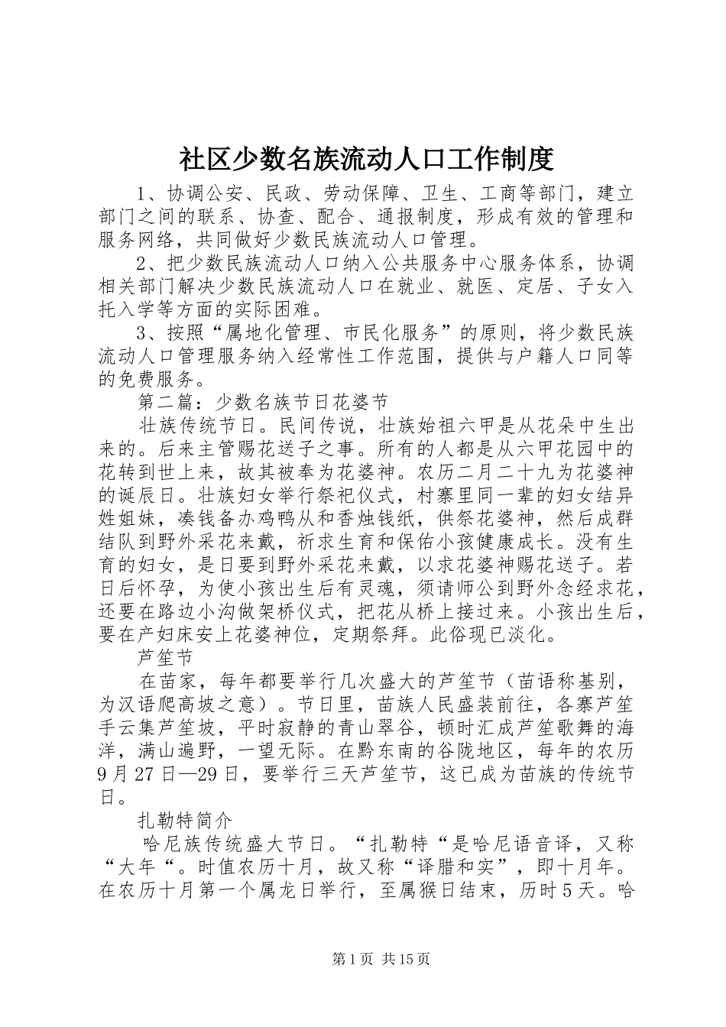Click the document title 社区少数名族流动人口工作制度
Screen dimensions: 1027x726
pos(365,160)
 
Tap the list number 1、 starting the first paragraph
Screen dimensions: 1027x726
pos(146,192)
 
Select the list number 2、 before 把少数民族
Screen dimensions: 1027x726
pos(146,264)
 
